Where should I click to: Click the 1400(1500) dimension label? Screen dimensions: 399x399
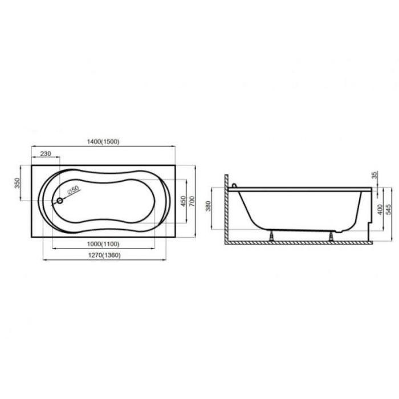click(x=103, y=142)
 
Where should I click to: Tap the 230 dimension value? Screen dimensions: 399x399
click(x=46, y=154)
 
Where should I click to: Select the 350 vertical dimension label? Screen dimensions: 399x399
click(x=17, y=183)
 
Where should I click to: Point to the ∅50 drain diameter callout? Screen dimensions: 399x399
click(x=74, y=190)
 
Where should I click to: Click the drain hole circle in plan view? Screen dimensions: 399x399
click(x=60, y=201)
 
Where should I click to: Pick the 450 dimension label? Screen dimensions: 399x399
click(x=183, y=201)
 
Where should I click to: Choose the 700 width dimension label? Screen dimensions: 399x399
click(x=192, y=201)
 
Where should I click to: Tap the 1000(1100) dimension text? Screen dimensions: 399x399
click(x=103, y=244)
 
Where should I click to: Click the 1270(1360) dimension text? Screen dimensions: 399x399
click(x=104, y=255)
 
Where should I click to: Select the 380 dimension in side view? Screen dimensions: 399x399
click(x=208, y=206)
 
